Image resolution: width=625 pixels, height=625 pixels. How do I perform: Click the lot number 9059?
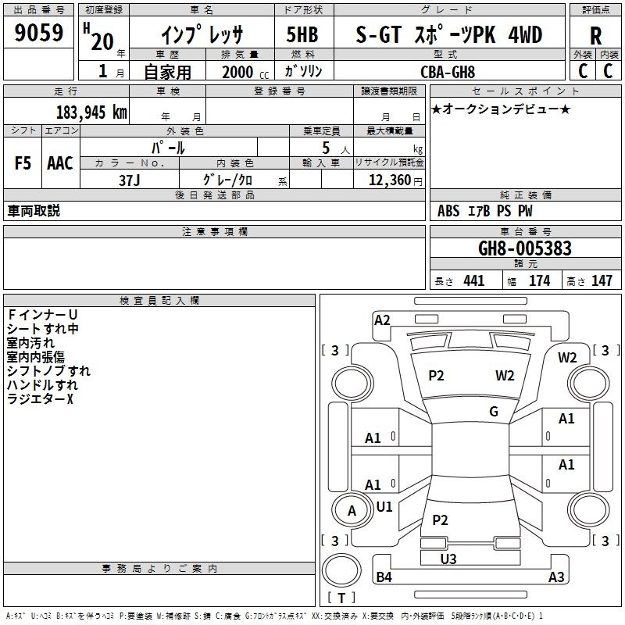tap(38, 32)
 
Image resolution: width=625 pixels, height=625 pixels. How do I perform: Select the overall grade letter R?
tap(595, 36)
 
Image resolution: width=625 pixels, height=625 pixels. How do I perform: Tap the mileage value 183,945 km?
tap(91, 112)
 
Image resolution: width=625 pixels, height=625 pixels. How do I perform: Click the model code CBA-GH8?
tap(448, 72)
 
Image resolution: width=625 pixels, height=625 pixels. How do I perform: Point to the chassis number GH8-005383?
tap(524, 248)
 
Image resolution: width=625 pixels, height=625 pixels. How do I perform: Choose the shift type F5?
tap(23, 163)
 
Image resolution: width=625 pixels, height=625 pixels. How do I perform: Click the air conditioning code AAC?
tap(60, 163)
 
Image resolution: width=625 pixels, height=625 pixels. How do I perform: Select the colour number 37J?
tap(130, 180)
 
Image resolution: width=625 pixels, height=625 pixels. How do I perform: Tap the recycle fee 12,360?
tap(389, 180)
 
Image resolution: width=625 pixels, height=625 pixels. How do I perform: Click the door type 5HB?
tap(302, 34)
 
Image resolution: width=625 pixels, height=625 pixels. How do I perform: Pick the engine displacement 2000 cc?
tap(245, 72)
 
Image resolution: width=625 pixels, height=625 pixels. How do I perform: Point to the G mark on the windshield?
tap(494, 412)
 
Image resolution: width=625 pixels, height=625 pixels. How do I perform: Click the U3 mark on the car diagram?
tap(448, 559)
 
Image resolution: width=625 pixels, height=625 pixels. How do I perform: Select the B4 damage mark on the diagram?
tap(384, 577)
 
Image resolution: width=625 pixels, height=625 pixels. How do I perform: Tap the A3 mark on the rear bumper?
tap(556, 577)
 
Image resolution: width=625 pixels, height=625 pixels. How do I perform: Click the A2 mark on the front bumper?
tap(382, 320)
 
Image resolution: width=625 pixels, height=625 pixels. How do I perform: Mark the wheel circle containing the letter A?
tap(352, 510)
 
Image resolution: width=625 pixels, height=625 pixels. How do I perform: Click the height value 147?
tap(602, 280)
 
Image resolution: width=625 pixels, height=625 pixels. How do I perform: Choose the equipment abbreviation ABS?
tap(448, 211)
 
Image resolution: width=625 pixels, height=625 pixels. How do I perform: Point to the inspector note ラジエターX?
tap(41, 398)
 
